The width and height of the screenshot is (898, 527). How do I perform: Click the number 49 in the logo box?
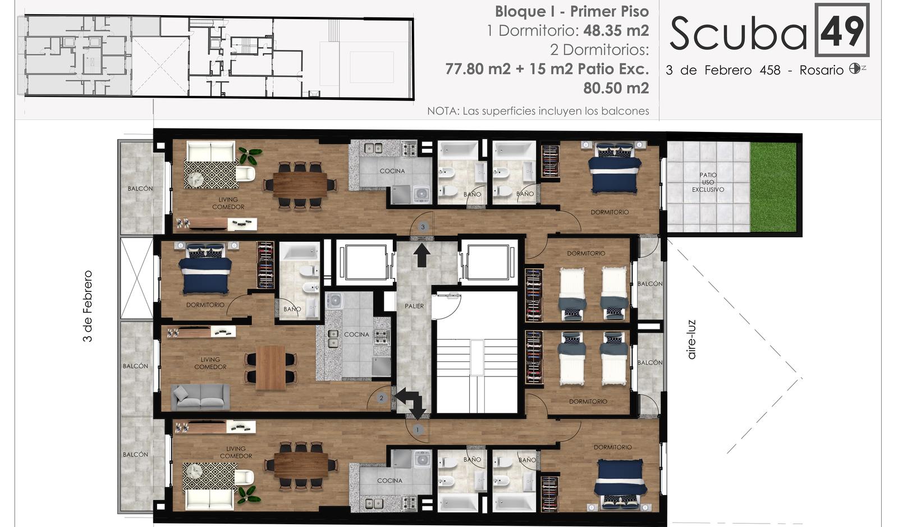842,31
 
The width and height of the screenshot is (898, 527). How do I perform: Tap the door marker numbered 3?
423,227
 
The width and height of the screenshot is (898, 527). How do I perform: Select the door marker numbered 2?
381,398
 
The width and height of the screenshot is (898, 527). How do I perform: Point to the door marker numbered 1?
418,429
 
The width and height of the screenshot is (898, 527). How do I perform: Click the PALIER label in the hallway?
414,306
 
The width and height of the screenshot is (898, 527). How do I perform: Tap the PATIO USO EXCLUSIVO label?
708,182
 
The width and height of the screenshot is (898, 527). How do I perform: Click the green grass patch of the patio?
773,187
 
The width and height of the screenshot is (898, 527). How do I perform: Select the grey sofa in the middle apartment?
200,397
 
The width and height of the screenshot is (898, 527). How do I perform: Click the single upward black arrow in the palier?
421,255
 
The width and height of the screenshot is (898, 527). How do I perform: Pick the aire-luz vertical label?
691,340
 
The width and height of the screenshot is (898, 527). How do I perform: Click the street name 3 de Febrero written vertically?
88,306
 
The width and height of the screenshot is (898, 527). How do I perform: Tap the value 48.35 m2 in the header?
616,30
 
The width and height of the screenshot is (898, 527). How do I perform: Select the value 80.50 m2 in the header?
616,88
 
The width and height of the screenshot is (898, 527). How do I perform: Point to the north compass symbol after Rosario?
854,68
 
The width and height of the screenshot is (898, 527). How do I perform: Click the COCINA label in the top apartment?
392,171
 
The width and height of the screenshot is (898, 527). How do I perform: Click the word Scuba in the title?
738,34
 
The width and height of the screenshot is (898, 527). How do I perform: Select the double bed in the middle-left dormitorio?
205,269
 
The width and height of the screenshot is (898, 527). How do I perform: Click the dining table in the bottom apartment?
301,465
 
